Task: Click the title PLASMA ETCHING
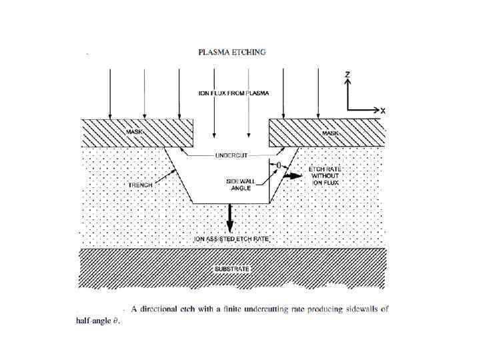click(x=232, y=52)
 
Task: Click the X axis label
click(x=383, y=110)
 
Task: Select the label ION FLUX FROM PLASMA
click(x=234, y=93)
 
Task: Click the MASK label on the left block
click(x=135, y=133)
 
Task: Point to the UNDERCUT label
click(x=231, y=155)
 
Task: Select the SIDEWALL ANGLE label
click(x=239, y=185)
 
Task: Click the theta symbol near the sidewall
click(x=279, y=163)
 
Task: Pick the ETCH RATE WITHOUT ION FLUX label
click(x=326, y=176)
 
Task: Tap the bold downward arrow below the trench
click(x=229, y=217)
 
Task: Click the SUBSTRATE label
click(x=231, y=269)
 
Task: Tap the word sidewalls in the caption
click(x=359, y=309)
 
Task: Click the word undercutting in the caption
click(x=281, y=309)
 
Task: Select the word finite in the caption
click(x=237, y=309)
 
